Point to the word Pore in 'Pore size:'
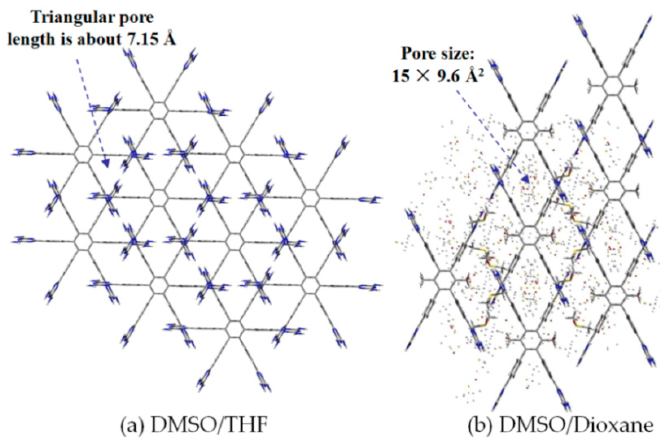pos(416,54)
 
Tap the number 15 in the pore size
pos(401,77)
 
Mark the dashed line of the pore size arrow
pos(489,131)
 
